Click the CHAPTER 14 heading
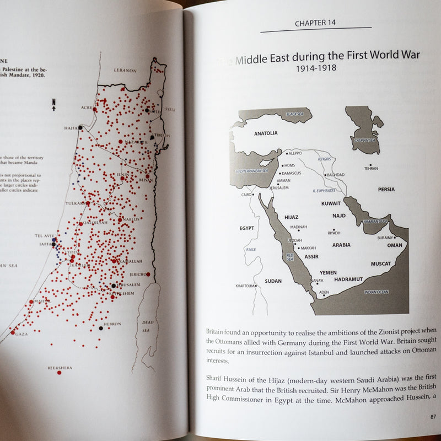(315, 23)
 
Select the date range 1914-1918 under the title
(315, 68)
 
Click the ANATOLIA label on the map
(266, 133)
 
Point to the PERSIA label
(386, 190)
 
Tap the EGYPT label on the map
(246, 228)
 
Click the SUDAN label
(273, 281)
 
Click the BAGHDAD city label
(335, 175)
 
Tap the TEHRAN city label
(371, 168)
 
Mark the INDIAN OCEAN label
(376, 292)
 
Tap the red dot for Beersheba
(59, 373)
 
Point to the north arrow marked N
(53, 104)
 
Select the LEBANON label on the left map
(125, 71)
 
